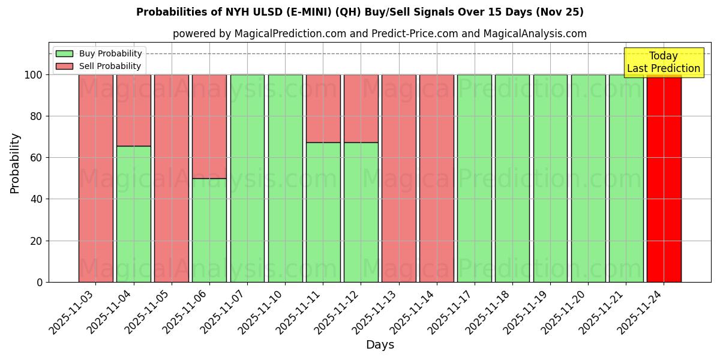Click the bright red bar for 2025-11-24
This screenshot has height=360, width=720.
(x=664, y=178)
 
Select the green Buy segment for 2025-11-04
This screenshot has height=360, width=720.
(x=133, y=214)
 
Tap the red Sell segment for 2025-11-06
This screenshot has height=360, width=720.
(x=209, y=126)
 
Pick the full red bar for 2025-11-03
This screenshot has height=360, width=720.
(x=95, y=178)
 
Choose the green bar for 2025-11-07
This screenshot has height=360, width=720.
(x=247, y=178)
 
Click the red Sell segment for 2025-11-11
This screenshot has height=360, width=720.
(x=323, y=108)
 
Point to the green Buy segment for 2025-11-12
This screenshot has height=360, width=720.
(x=361, y=212)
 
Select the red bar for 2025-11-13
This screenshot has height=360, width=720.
(x=398, y=178)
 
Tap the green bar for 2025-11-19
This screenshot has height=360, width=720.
(x=550, y=178)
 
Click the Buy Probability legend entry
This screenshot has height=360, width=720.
(x=99, y=53)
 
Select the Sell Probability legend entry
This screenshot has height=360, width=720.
(x=99, y=66)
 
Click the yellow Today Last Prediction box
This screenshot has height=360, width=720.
(x=664, y=62)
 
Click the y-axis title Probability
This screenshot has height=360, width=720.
(x=15, y=163)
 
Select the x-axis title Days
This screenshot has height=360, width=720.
(x=380, y=345)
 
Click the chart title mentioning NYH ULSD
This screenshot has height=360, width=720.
(x=360, y=12)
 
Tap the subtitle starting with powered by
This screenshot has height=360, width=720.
(x=379, y=34)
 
